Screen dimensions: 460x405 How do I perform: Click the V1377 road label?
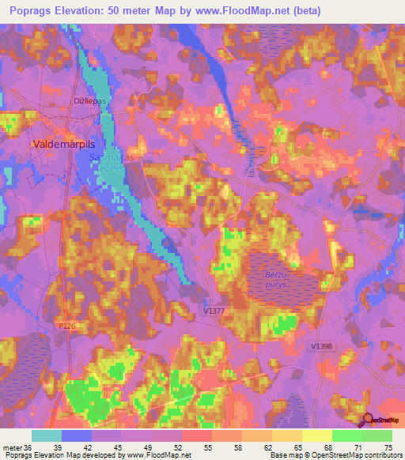point(213,312)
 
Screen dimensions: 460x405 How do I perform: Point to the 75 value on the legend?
point(387,447)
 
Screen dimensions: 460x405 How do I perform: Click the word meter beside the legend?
point(10,447)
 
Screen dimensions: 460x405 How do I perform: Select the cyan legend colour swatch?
point(46,435)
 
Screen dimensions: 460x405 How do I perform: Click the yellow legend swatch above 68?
point(316,435)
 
